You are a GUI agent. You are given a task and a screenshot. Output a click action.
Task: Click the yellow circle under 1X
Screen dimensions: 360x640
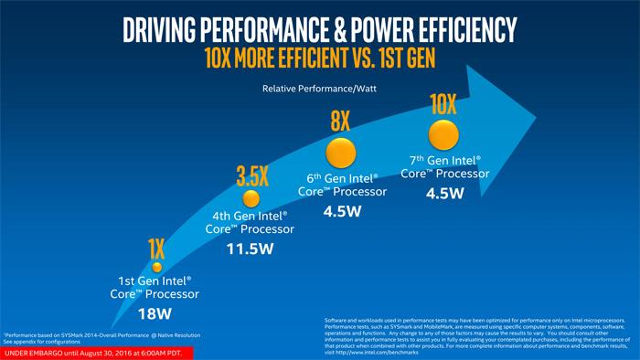(156, 267)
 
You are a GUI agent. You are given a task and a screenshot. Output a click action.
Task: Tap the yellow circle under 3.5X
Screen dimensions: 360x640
(251, 199)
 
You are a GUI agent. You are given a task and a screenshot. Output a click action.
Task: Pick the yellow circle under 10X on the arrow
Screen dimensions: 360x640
(444, 135)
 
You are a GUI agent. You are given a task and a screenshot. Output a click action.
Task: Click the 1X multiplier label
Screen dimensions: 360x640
(156, 248)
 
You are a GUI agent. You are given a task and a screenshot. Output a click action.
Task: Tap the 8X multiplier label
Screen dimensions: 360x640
(341, 122)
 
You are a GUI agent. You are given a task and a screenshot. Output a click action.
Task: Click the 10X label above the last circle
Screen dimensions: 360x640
(444, 103)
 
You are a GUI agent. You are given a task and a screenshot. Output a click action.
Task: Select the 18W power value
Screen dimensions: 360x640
(156, 314)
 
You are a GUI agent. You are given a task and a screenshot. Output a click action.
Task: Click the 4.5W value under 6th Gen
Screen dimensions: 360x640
(342, 211)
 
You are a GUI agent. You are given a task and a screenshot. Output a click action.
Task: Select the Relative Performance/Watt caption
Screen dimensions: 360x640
(319, 89)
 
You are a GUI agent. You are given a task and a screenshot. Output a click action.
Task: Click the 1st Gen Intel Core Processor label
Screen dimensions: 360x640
(156, 290)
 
